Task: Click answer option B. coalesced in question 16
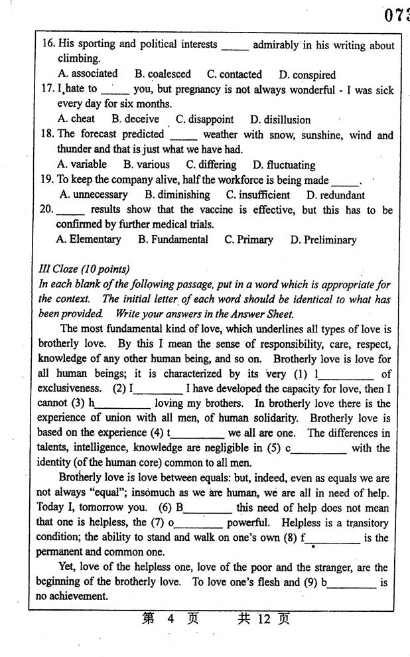point(163,74)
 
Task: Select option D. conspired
point(307,75)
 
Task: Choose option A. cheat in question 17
point(76,119)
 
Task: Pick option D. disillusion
point(280,120)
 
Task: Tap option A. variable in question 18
point(82,165)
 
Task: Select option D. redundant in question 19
point(335,195)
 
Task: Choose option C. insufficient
point(257,195)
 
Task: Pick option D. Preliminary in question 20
point(323,240)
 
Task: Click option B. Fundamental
point(172,240)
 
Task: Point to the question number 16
point(48,44)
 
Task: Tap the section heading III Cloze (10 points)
point(84,269)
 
